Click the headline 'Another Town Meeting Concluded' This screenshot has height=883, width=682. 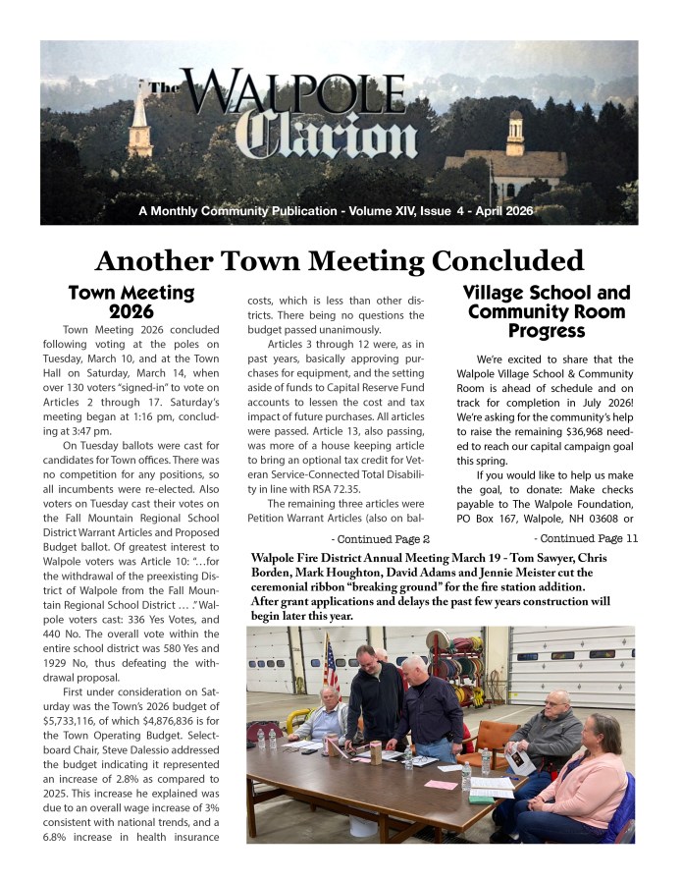click(340, 260)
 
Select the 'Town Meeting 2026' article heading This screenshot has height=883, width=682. click(131, 303)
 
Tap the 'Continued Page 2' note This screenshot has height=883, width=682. click(382, 539)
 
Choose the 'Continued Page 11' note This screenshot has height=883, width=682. click(586, 538)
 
